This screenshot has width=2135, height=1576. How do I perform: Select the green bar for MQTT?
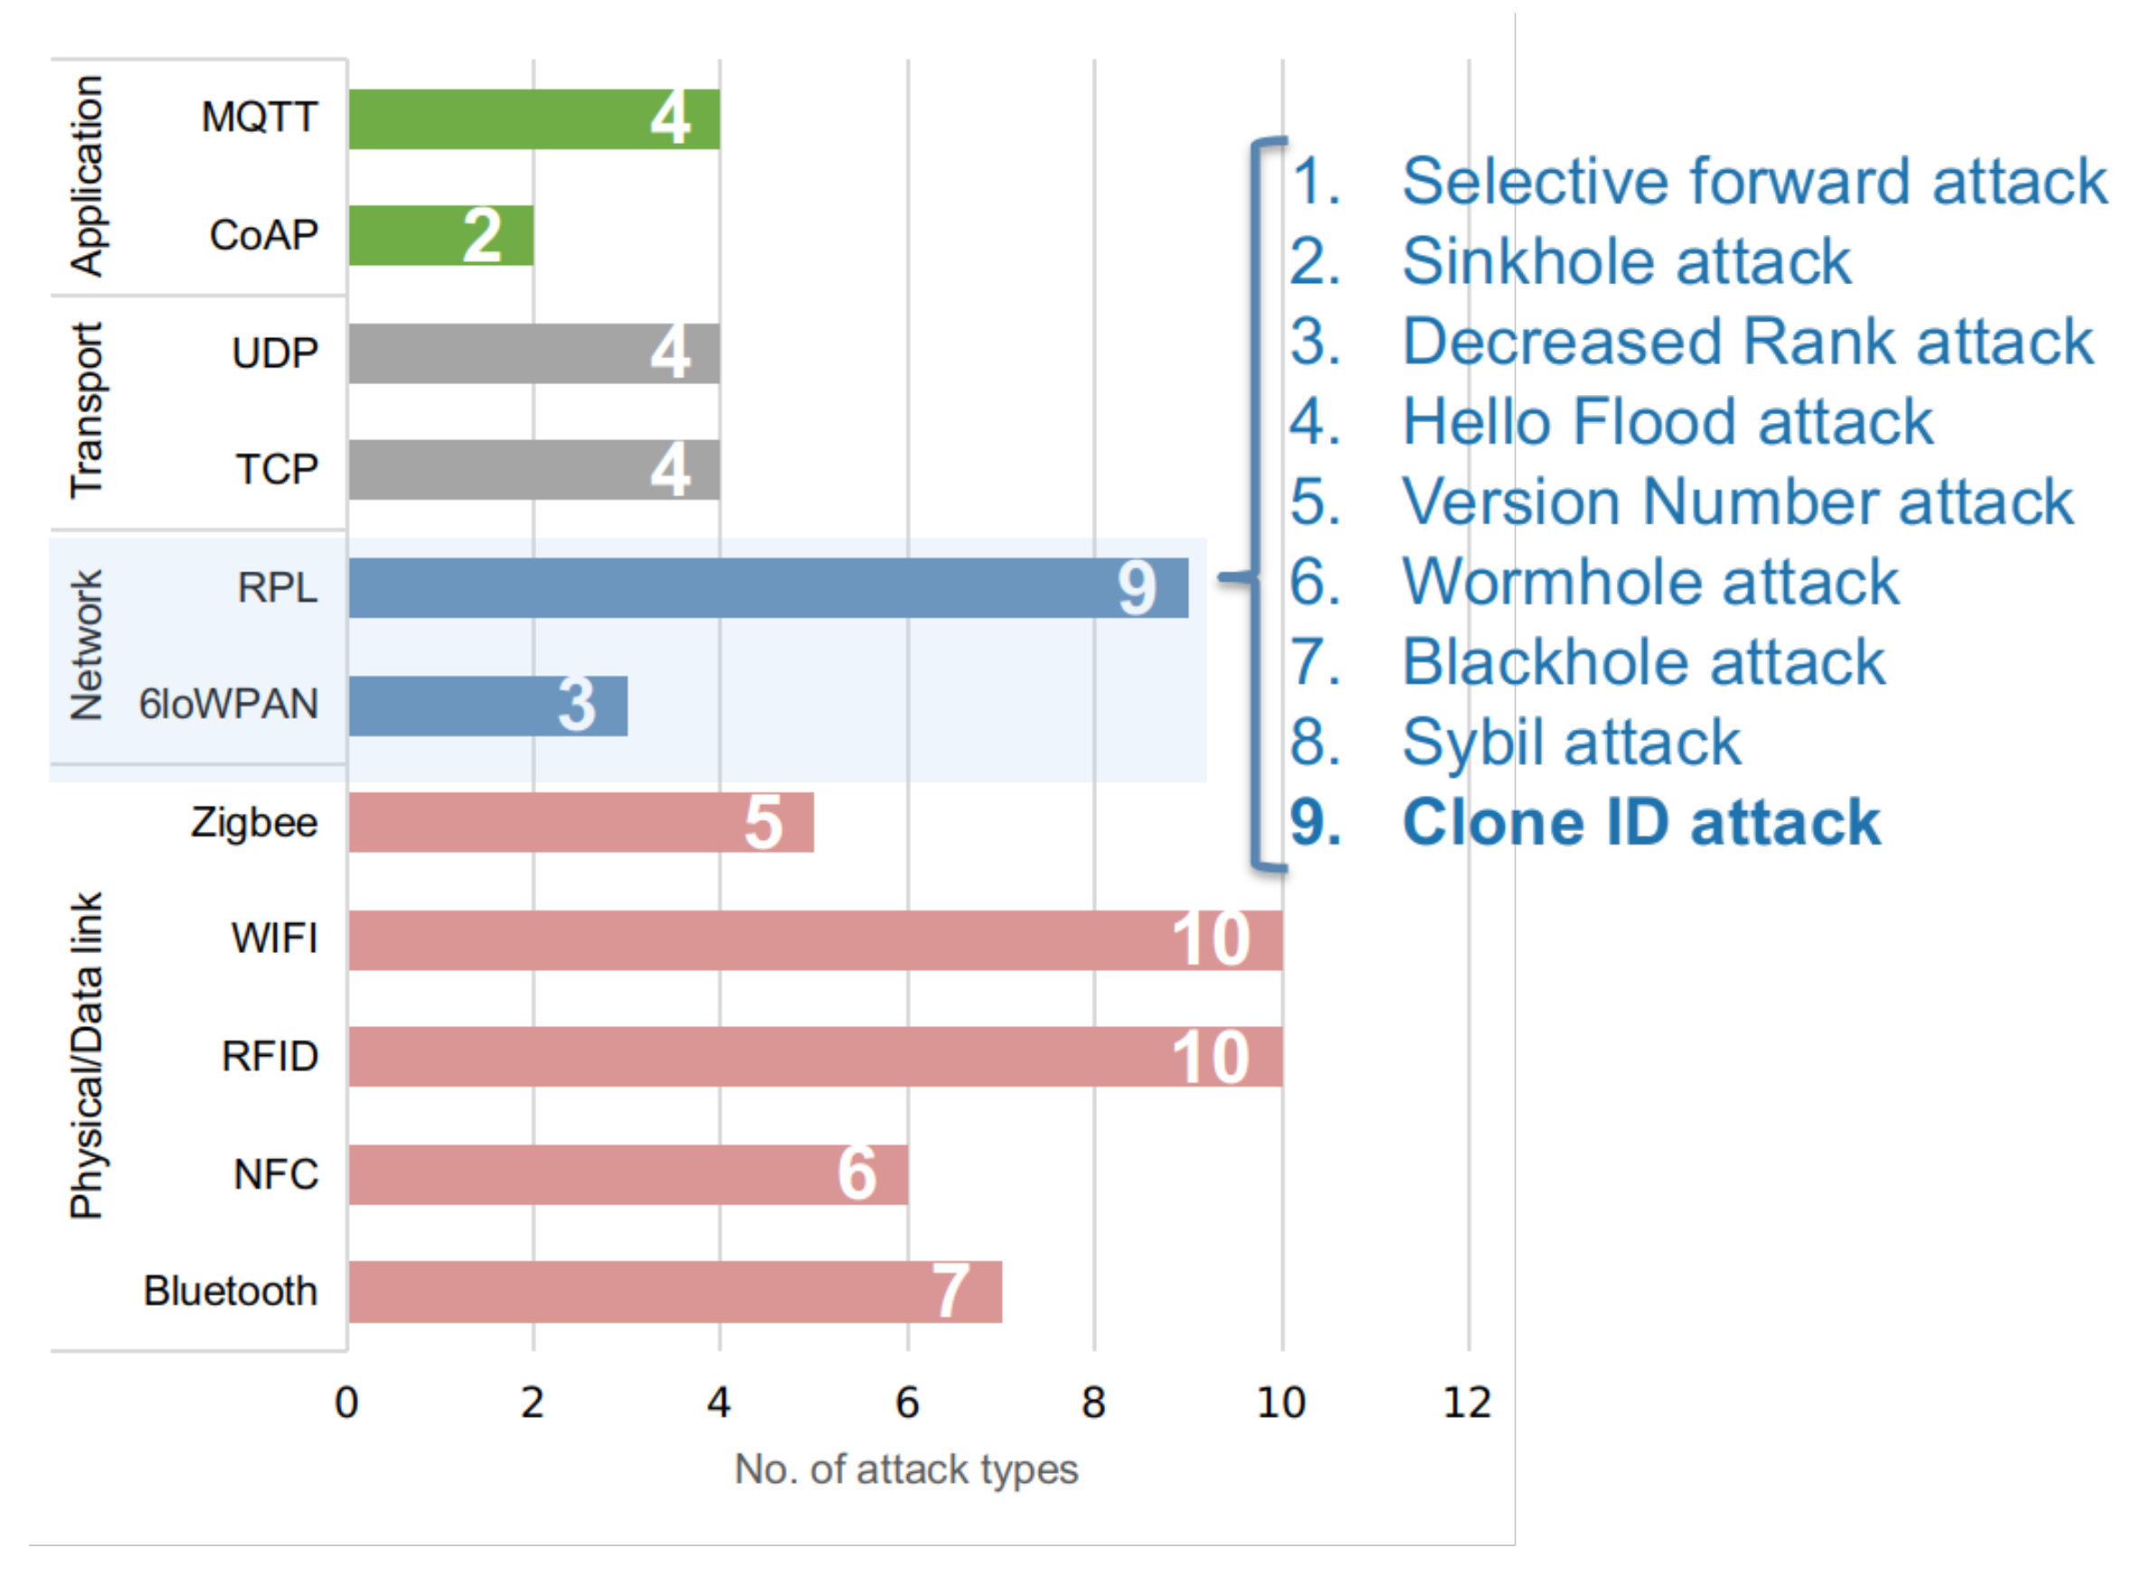(x=534, y=119)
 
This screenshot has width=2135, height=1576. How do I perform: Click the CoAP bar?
(x=440, y=236)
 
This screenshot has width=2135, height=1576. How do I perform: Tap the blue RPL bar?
(x=768, y=589)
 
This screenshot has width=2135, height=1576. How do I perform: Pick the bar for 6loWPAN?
(x=487, y=706)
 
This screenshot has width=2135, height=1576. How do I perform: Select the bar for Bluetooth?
(x=675, y=1293)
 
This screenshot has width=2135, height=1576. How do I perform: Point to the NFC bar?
(x=628, y=1175)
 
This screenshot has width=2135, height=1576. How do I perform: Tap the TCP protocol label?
(x=277, y=470)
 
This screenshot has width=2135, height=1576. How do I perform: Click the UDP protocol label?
(x=275, y=354)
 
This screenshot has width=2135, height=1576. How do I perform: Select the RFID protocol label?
(x=270, y=1057)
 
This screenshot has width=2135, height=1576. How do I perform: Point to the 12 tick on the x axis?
(x=1468, y=1403)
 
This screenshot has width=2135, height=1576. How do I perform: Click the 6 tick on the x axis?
(x=907, y=1403)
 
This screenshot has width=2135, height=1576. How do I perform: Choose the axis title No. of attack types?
(x=906, y=1470)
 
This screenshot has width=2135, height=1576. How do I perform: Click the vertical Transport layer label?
(x=86, y=411)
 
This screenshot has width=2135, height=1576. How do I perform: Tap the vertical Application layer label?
(x=86, y=176)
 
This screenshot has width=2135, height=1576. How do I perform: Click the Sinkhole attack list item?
(x=1626, y=261)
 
